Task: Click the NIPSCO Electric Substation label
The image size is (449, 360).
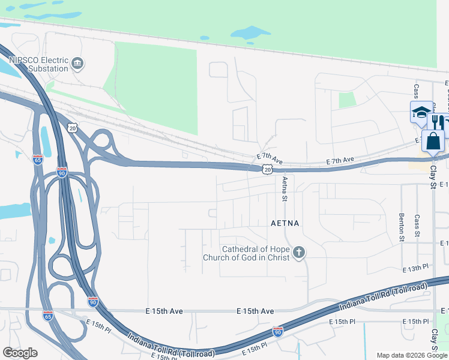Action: tap(37, 64)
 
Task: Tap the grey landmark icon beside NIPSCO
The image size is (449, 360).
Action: tap(77, 64)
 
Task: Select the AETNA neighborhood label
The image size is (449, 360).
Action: tap(285, 223)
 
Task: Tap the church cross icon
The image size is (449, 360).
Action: tap(299, 254)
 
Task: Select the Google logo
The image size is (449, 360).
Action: tap(20, 352)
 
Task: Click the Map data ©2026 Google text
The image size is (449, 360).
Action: tap(412, 355)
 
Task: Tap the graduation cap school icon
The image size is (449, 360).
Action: tap(421, 112)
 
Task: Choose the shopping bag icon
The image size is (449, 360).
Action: tap(433, 142)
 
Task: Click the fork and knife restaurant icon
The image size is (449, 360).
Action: tap(438, 122)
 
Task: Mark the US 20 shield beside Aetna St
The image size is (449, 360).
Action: tap(267, 170)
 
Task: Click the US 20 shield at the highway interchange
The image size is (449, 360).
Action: tap(73, 128)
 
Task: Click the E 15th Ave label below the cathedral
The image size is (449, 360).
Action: tap(255, 311)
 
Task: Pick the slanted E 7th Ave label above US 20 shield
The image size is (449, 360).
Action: tap(270, 158)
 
